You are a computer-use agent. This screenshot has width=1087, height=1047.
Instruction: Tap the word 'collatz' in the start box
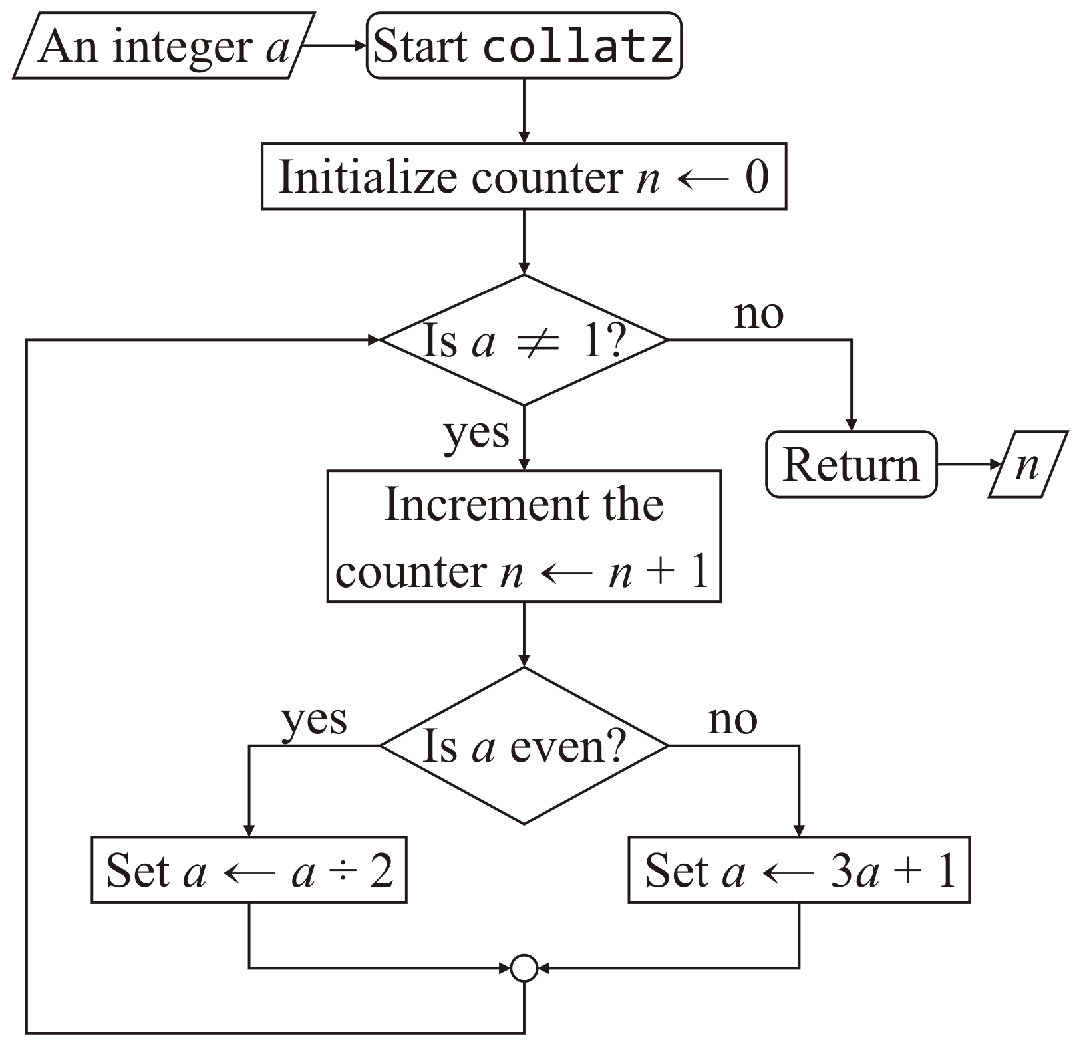click(x=577, y=47)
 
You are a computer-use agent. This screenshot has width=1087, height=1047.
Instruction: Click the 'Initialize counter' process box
click(x=524, y=177)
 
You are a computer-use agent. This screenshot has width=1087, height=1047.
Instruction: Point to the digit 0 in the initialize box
click(x=756, y=177)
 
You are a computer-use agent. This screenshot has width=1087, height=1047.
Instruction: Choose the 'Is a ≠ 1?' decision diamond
click(x=524, y=340)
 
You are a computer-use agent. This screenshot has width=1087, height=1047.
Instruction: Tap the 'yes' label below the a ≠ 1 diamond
click(x=476, y=433)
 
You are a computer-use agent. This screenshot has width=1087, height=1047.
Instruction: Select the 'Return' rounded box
click(x=851, y=464)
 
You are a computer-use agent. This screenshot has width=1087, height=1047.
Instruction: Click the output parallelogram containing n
click(x=1028, y=464)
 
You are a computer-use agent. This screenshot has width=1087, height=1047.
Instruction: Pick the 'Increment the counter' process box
click(x=524, y=536)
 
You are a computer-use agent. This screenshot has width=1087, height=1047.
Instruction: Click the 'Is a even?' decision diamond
click(x=524, y=746)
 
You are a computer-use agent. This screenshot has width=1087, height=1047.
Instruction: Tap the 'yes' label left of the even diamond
click(x=314, y=720)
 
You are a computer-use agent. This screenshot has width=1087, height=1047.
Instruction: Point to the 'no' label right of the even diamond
click(x=732, y=720)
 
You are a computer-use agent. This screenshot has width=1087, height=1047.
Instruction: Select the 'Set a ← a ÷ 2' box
click(x=249, y=870)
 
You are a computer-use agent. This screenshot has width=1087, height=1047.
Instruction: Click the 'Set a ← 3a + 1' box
click(x=799, y=870)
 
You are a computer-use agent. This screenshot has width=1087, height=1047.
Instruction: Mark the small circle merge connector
click(x=524, y=968)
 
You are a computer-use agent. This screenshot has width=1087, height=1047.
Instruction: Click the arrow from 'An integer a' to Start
click(x=333, y=47)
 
